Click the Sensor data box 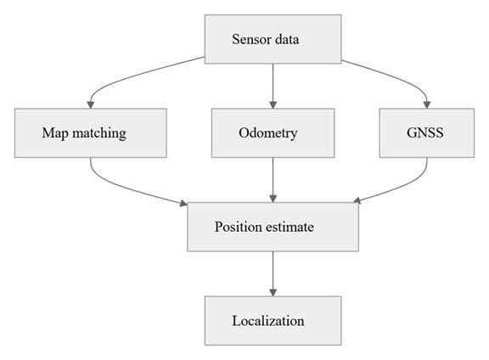273,39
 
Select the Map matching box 91,133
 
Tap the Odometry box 273,133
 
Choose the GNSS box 427,133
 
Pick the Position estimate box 273,227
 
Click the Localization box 273,321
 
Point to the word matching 99,133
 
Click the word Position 239,227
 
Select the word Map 55,133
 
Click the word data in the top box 287,39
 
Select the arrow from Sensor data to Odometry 273,86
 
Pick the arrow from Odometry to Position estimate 273,180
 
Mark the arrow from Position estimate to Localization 273,274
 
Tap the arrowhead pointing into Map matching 91,104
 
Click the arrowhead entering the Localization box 273,293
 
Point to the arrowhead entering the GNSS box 427,104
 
